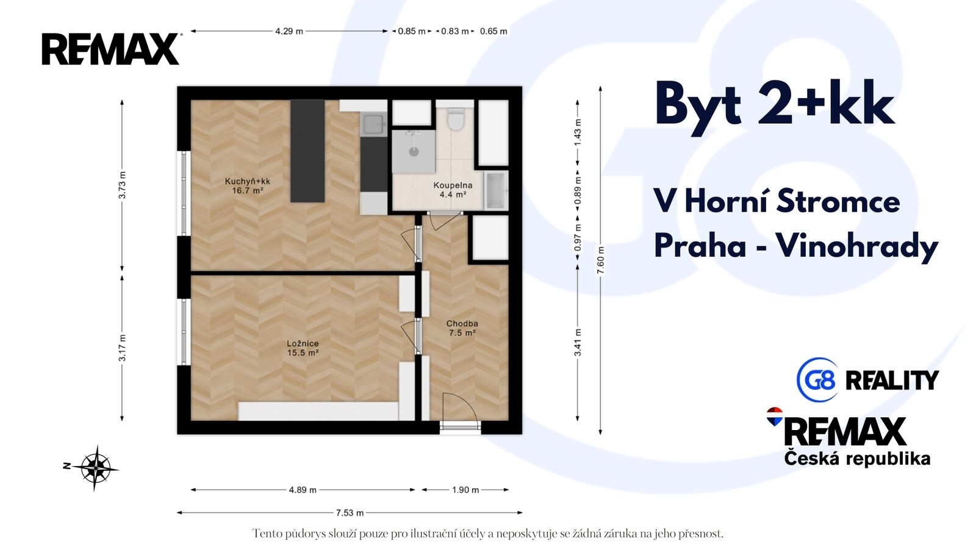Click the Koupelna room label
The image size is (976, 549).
(x=453, y=185)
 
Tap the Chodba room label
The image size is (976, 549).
(x=462, y=324)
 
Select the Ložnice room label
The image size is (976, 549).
(x=303, y=344)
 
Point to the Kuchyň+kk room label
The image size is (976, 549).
(x=248, y=181)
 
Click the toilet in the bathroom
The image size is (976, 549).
(x=455, y=119)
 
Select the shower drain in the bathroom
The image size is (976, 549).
(x=414, y=152)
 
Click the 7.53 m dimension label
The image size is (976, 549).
(x=350, y=513)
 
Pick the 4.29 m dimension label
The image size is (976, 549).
(x=289, y=31)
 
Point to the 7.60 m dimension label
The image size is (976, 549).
(x=600, y=260)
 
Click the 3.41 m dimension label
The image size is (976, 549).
(x=578, y=342)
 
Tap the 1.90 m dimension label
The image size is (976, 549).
(x=465, y=490)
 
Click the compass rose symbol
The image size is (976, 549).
(x=95, y=468)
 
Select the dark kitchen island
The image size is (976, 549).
(x=307, y=151)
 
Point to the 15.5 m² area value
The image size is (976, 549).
(x=303, y=353)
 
